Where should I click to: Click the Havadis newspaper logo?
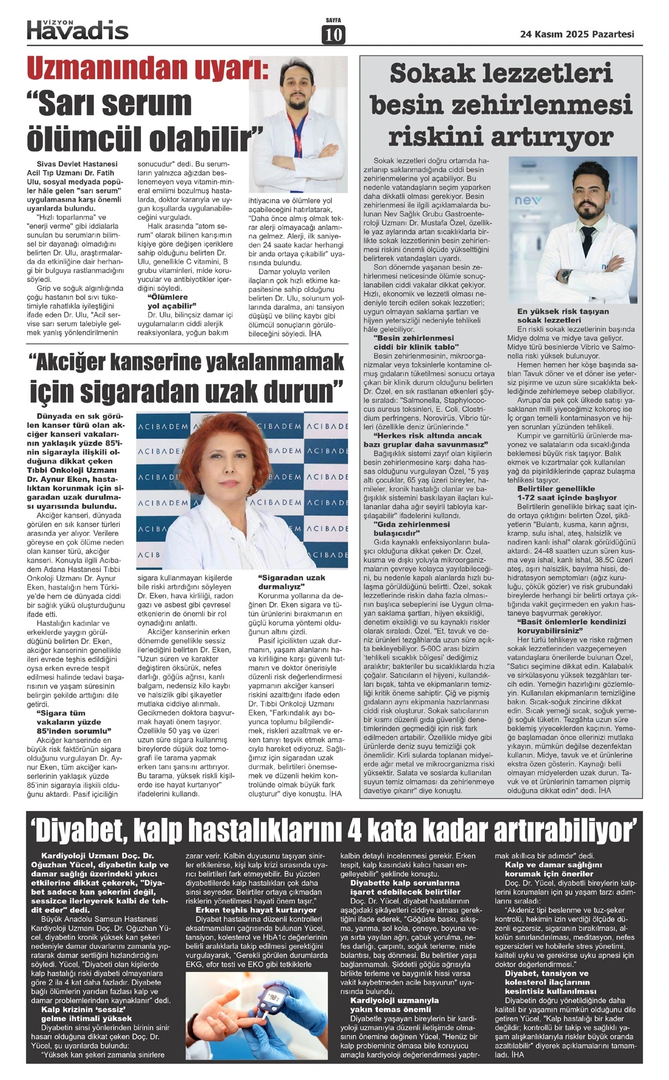click(77, 29)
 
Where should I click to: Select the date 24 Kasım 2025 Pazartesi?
click(577, 34)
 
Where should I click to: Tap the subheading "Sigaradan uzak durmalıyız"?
click(292, 582)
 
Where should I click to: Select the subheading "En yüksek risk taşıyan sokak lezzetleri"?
click(563, 315)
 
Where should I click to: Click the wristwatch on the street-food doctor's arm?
click(567, 275)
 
